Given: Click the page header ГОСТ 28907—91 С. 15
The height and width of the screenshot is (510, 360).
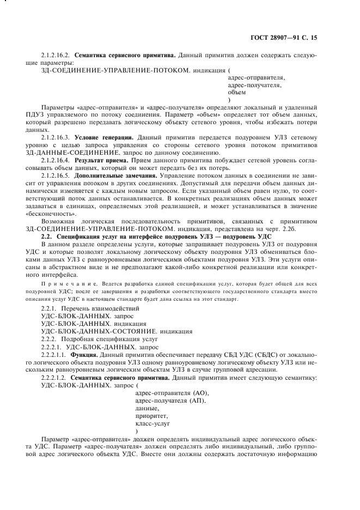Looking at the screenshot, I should point(284,38).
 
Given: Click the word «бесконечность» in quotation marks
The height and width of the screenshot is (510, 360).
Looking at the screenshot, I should point(60,215).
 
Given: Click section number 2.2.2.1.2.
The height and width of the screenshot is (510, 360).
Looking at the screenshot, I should point(53,377).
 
